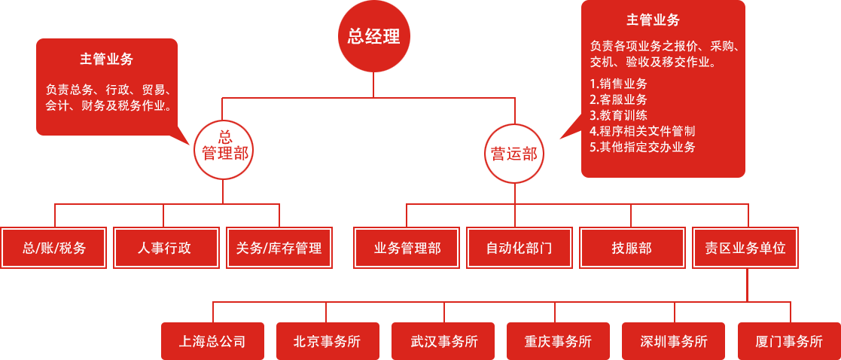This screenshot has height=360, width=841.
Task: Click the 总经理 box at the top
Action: (373, 36)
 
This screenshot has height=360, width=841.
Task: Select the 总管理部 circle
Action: (224, 148)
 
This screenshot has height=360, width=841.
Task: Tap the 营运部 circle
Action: (514, 154)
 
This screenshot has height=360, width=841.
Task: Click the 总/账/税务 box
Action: (54, 248)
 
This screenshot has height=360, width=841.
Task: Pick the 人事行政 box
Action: (165, 248)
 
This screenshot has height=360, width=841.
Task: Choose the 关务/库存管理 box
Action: (279, 248)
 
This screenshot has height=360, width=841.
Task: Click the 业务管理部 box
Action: (407, 248)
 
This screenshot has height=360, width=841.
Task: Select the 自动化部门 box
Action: (519, 248)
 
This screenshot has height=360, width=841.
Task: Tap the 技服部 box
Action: (632, 248)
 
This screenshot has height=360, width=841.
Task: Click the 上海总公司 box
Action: (212, 341)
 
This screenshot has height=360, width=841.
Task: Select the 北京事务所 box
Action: (327, 341)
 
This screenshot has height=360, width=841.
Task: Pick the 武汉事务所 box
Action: (443, 341)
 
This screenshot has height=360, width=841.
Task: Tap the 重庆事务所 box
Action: (558, 341)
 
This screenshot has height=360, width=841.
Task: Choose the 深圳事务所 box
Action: (674, 341)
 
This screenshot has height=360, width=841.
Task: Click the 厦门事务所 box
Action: (788, 341)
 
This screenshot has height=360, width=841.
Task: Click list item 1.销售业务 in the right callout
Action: (618, 84)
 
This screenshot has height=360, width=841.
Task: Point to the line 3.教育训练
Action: (618, 115)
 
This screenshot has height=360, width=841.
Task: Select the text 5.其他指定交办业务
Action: (642, 147)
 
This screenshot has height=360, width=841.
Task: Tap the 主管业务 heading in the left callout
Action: (107, 59)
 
